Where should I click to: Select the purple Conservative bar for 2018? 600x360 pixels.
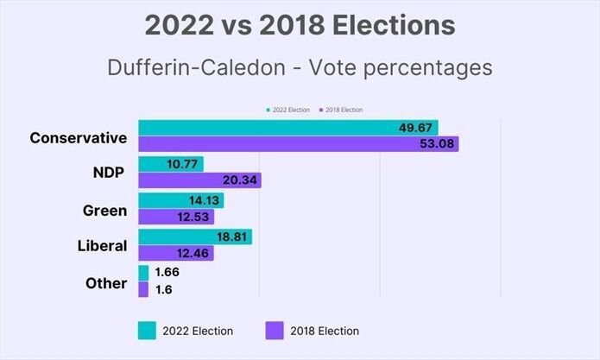[x=298, y=143]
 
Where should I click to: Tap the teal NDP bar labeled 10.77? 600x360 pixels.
[x=171, y=164]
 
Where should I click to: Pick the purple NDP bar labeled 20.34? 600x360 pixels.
[x=199, y=180]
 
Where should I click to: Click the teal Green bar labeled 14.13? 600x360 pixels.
[x=180, y=200]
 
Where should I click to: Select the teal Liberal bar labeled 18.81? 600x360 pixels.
[x=195, y=237]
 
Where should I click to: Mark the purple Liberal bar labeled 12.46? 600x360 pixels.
[x=175, y=253]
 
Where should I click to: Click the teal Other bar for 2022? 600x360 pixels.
[x=143, y=273]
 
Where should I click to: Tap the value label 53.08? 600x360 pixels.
[x=435, y=143]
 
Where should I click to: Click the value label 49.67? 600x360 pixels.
[x=415, y=127]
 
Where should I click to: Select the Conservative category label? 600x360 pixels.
[x=78, y=137]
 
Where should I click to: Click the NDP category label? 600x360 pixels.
[x=109, y=174]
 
